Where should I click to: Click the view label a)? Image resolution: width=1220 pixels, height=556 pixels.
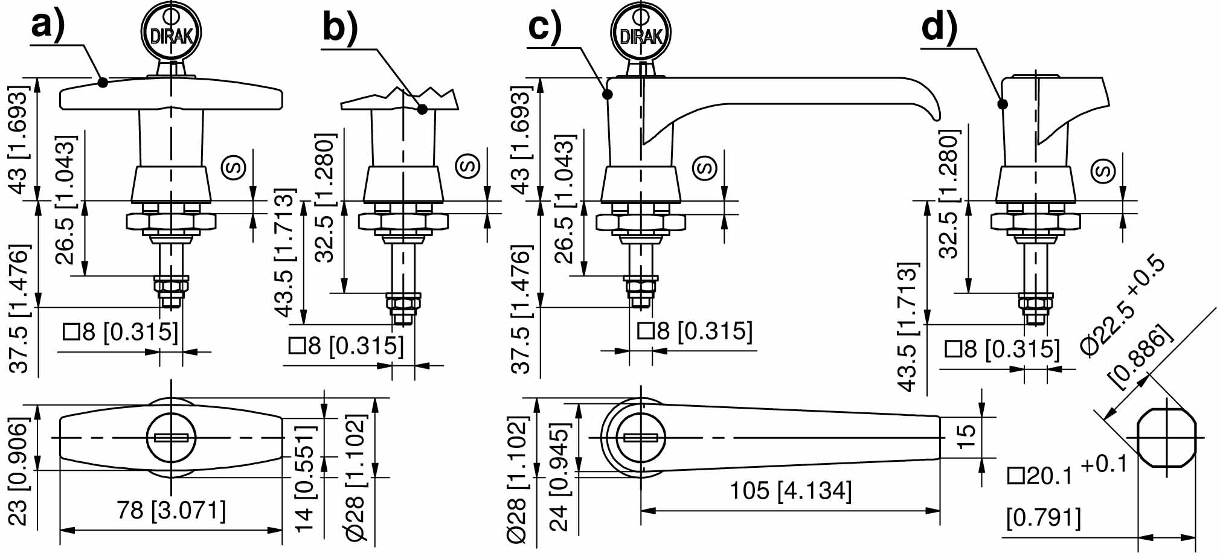click(48, 25)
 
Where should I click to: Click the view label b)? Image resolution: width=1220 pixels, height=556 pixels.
click(340, 27)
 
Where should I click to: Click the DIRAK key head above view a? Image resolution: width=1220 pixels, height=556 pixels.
click(172, 33)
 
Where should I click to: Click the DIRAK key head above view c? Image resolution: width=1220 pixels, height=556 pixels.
click(641, 33)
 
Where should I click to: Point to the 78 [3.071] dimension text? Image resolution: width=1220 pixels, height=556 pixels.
click(172, 511)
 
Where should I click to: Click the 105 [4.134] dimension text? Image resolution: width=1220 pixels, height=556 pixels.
click(791, 491)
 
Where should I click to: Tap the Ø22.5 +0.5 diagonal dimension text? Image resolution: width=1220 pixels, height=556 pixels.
click(1123, 306)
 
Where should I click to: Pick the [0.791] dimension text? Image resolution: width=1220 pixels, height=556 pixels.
click(1044, 518)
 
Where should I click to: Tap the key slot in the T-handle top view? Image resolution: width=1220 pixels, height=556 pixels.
click(172, 438)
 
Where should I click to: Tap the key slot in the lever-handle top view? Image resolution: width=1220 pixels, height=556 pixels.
click(641, 438)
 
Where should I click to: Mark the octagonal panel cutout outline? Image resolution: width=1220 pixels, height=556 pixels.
click(1167, 438)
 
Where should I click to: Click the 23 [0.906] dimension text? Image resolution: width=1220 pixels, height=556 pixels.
click(19, 471)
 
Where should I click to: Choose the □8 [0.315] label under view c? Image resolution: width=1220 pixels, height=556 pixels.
click(695, 331)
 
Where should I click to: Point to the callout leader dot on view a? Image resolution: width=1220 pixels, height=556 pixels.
click(103, 82)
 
